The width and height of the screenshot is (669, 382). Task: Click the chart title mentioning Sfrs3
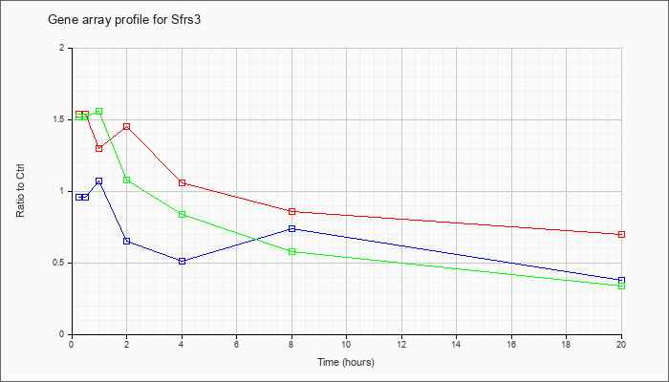[124, 20]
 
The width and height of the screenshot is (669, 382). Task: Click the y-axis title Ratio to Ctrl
[20, 190]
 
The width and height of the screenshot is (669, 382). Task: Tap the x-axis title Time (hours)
[346, 362]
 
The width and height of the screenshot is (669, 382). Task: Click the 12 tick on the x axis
[401, 344]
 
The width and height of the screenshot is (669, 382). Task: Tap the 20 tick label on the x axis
[621, 344]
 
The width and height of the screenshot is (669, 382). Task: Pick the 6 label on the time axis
[236, 344]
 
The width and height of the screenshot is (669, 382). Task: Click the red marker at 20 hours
[621, 235]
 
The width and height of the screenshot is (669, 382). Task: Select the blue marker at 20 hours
[621, 280]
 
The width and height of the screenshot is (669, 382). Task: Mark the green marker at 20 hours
[621, 286]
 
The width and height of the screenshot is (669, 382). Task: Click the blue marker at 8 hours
[291, 229]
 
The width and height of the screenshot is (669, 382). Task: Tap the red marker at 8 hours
[291, 211]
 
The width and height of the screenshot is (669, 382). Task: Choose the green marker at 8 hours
[291, 251]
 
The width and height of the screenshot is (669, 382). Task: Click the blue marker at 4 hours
[183, 262]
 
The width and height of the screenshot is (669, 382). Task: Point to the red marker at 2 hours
[127, 127]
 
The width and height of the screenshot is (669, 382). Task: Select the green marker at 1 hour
[99, 112]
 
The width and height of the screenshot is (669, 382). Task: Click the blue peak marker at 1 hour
[99, 181]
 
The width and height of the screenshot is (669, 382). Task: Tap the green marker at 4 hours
[183, 215]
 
